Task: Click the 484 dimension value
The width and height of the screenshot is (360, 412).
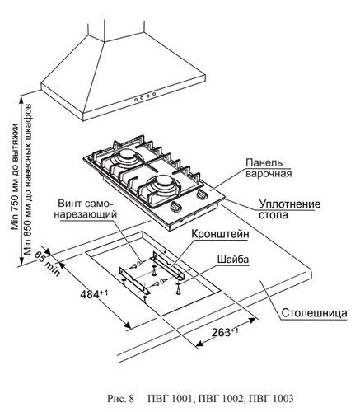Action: pyautogui.click(x=94, y=294)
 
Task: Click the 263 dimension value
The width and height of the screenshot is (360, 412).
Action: pyautogui.click(x=225, y=332)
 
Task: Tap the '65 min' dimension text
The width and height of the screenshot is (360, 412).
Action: pyautogui.click(x=47, y=263)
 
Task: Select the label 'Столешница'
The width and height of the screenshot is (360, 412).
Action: pyautogui.click(x=314, y=313)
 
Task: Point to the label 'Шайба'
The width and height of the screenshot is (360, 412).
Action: pyautogui.click(x=233, y=260)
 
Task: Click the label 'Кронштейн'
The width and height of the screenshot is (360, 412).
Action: pyautogui.click(x=220, y=234)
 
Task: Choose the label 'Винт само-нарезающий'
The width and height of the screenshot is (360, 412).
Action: pyautogui.click(x=86, y=208)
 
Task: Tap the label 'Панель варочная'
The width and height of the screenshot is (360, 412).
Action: pyautogui.click(x=269, y=168)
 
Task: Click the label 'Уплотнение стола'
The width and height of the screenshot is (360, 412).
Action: pyautogui.click(x=289, y=209)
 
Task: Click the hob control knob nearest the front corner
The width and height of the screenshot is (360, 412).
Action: pyautogui.click(x=176, y=206)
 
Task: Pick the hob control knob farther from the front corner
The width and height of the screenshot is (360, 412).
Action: pyautogui.click(x=202, y=194)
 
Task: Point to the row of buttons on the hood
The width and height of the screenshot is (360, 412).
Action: pyautogui.click(x=145, y=96)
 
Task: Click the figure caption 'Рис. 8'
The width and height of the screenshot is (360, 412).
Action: pyautogui.click(x=120, y=398)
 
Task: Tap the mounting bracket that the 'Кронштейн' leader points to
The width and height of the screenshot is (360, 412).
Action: pyautogui.click(x=170, y=265)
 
